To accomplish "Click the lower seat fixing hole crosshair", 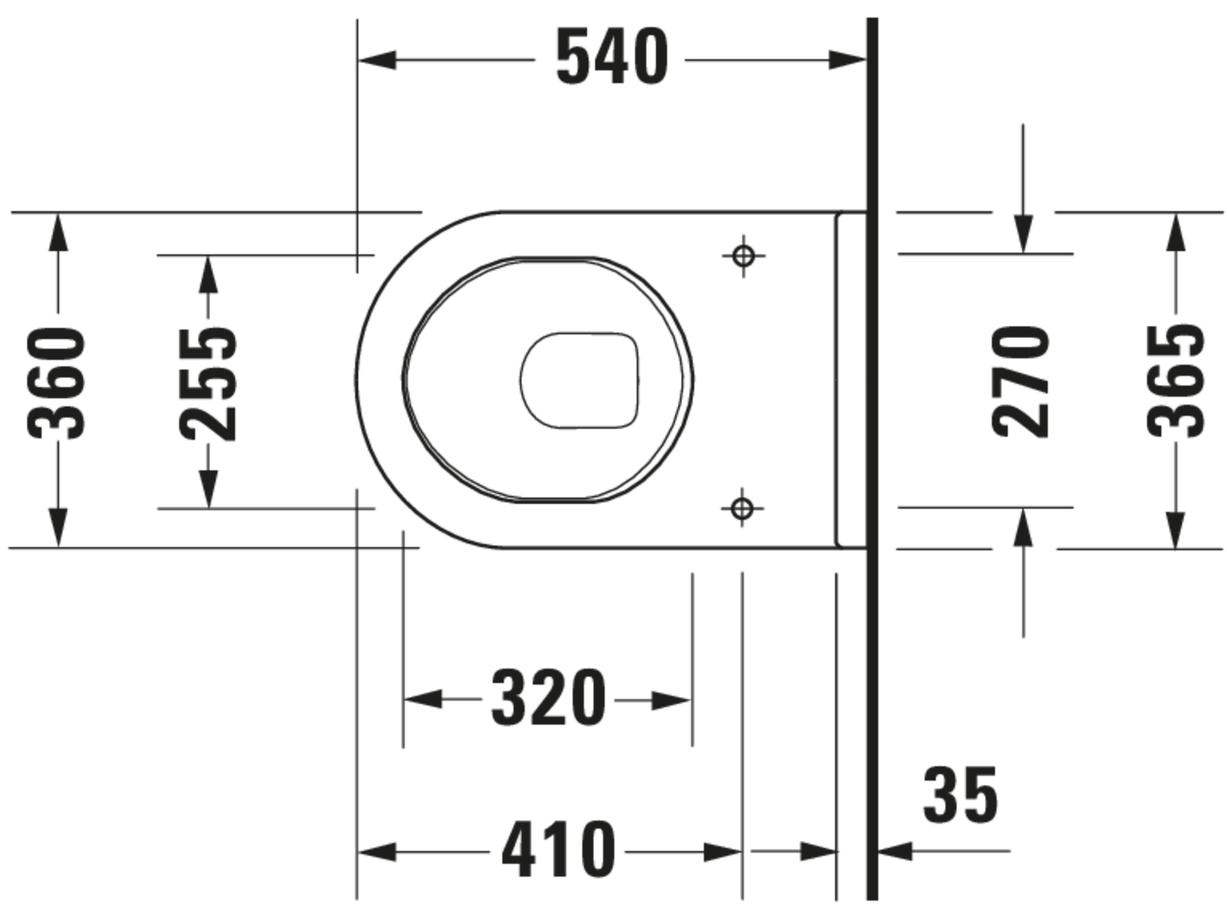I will [x=742, y=508].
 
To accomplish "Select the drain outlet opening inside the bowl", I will [x=580, y=380].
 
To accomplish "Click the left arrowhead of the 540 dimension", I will [x=378, y=60].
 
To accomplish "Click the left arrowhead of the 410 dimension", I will [x=377, y=853].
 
